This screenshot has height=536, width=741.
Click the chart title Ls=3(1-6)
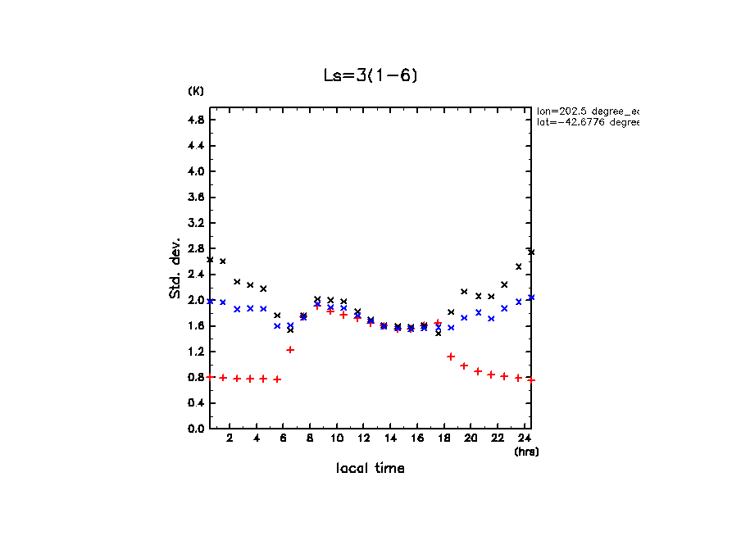pyautogui.click(x=371, y=75)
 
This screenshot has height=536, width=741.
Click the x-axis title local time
pyautogui.click(x=370, y=469)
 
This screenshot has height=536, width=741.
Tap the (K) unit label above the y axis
pyautogui.click(x=196, y=91)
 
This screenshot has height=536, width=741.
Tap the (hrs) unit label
pyautogui.click(x=525, y=452)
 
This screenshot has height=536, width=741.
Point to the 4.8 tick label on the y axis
pyautogui.click(x=195, y=120)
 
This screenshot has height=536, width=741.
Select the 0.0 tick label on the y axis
pyautogui.click(x=195, y=429)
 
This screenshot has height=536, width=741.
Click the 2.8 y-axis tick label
pyautogui.click(x=195, y=248)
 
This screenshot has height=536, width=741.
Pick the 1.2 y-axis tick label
pyautogui.click(x=195, y=352)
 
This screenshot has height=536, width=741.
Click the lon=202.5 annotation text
pyautogui.click(x=587, y=111)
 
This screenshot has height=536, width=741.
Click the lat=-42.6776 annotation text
pyautogui.click(x=587, y=122)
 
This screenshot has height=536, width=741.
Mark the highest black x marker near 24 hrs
pyautogui.click(x=531, y=252)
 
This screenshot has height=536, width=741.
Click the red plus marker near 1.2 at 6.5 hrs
pyautogui.click(x=290, y=350)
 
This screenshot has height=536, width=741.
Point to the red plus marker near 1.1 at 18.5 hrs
pyautogui.click(x=451, y=357)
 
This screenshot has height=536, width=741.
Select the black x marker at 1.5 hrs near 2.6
pyautogui.click(x=223, y=261)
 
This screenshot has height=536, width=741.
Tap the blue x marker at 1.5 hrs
pyautogui.click(x=223, y=302)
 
